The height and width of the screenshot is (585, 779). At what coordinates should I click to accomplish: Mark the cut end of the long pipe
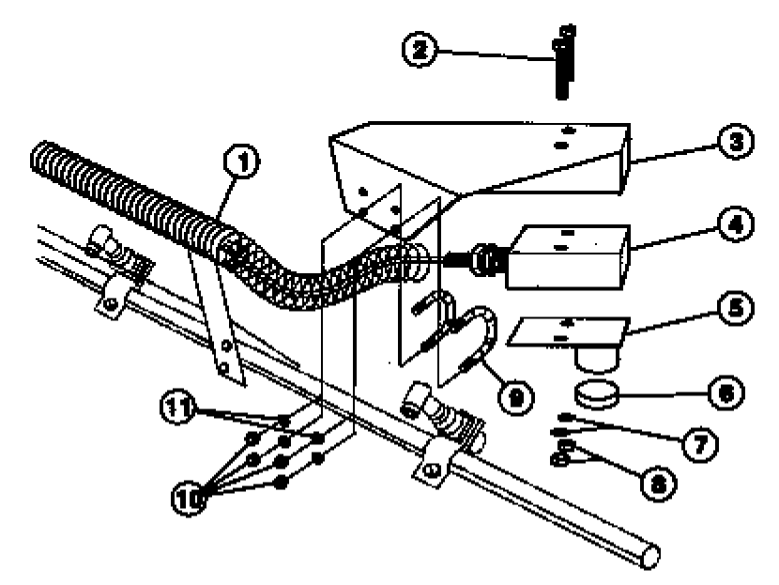649,553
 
